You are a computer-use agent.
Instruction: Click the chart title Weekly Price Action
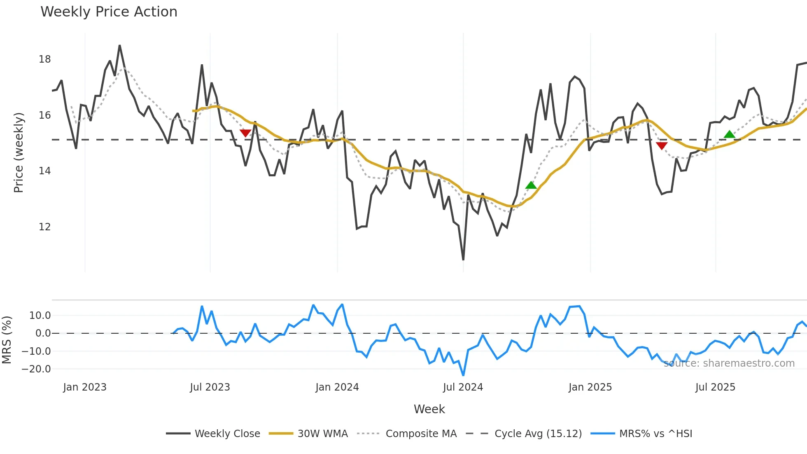[x=109, y=12]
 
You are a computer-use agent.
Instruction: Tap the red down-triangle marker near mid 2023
[x=245, y=133]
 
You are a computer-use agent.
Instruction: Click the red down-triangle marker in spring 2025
[x=662, y=146]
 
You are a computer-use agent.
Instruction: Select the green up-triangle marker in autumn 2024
[x=531, y=185]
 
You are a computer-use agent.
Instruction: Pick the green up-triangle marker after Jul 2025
[x=729, y=134]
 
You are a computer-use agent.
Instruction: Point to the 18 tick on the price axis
[x=44, y=59]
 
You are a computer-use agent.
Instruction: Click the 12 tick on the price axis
[x=44, y=227]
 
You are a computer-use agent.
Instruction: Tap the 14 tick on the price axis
[x=44, y=171]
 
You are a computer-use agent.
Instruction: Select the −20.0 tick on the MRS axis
[x=36, y=369]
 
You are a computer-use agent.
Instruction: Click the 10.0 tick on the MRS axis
[x=40, y=316]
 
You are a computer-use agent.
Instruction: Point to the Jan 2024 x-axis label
[x=337, y=387]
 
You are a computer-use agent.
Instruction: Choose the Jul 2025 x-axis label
[x=715, y=387]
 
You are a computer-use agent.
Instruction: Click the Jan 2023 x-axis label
[x=85, y=387]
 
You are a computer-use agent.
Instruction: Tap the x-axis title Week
[x=429, y=409]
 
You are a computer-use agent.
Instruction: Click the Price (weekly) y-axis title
[x=19, y=152]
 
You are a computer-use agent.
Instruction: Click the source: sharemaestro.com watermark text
[x=729, y=363]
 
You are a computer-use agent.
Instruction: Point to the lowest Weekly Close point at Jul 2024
[x=463, y=260]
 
